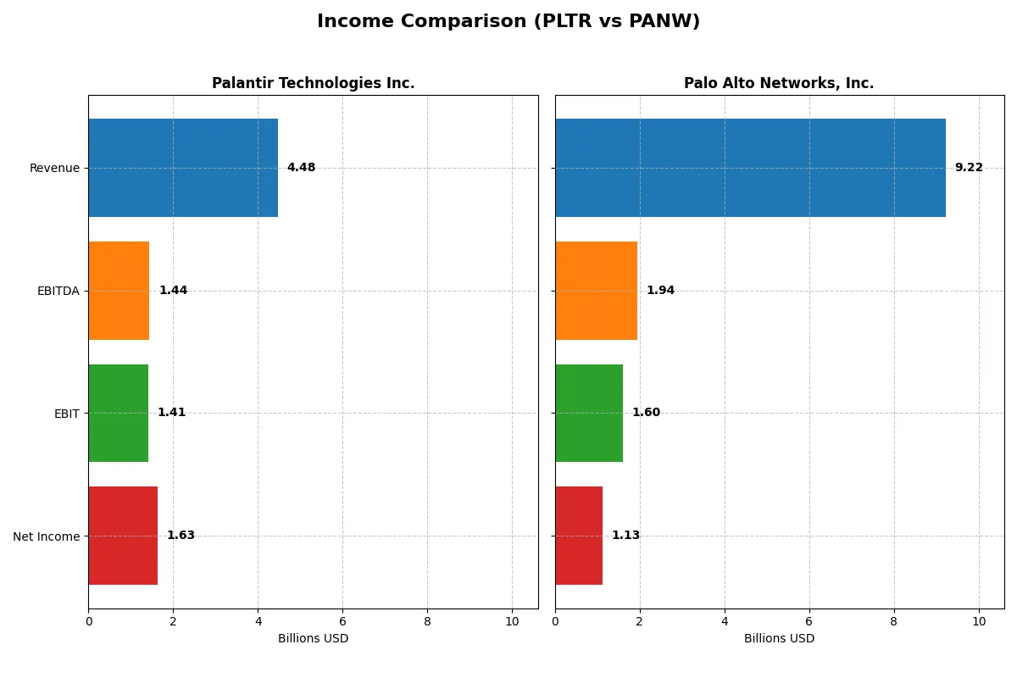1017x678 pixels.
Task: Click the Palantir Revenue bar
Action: click(x=183, y=168)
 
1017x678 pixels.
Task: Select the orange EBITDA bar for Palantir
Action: click(x=119, y=291)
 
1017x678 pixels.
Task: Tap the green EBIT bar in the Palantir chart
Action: click(x=118, y=413)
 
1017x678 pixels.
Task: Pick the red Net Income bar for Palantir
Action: click(x=123, y=536)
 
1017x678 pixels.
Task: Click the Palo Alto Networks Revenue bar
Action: click(x=750, y=168)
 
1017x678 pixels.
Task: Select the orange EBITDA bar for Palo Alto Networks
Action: click(x=596, y=291)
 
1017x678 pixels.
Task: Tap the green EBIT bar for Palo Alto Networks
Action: click(x=589, y=413)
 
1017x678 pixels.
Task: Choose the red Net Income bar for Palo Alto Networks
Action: click(x=579, y=536)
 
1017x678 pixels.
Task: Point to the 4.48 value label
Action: click(x=301, y=168)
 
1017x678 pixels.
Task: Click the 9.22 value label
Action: click(x=969, y=168)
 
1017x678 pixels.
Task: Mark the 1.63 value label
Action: click(x=181, y=536)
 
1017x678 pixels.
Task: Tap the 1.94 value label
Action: click(x=660, y=291)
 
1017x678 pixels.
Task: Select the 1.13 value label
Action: click(x=625, y=536)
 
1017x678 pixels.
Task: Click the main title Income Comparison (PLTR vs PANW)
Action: click(x=508, y=22)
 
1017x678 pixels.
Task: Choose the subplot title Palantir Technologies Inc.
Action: click(x=313, y=83)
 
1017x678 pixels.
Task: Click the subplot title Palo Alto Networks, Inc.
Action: click(x=779, y=83)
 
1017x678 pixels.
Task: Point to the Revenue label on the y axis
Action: click(x=54, y=168)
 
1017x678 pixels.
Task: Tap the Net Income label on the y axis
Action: click(x=47, y=536)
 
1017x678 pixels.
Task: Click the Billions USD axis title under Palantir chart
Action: click(x=313, y=639)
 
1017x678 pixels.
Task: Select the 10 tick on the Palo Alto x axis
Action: click(x=978, y=622)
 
